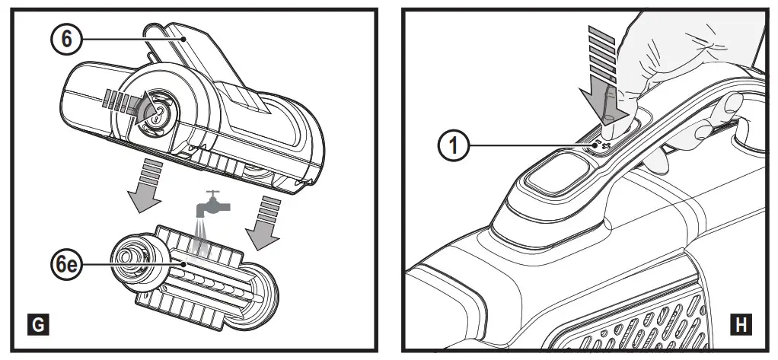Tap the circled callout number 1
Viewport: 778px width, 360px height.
(x=454, y=145)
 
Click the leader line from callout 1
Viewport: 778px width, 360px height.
(x=533, y=145)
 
